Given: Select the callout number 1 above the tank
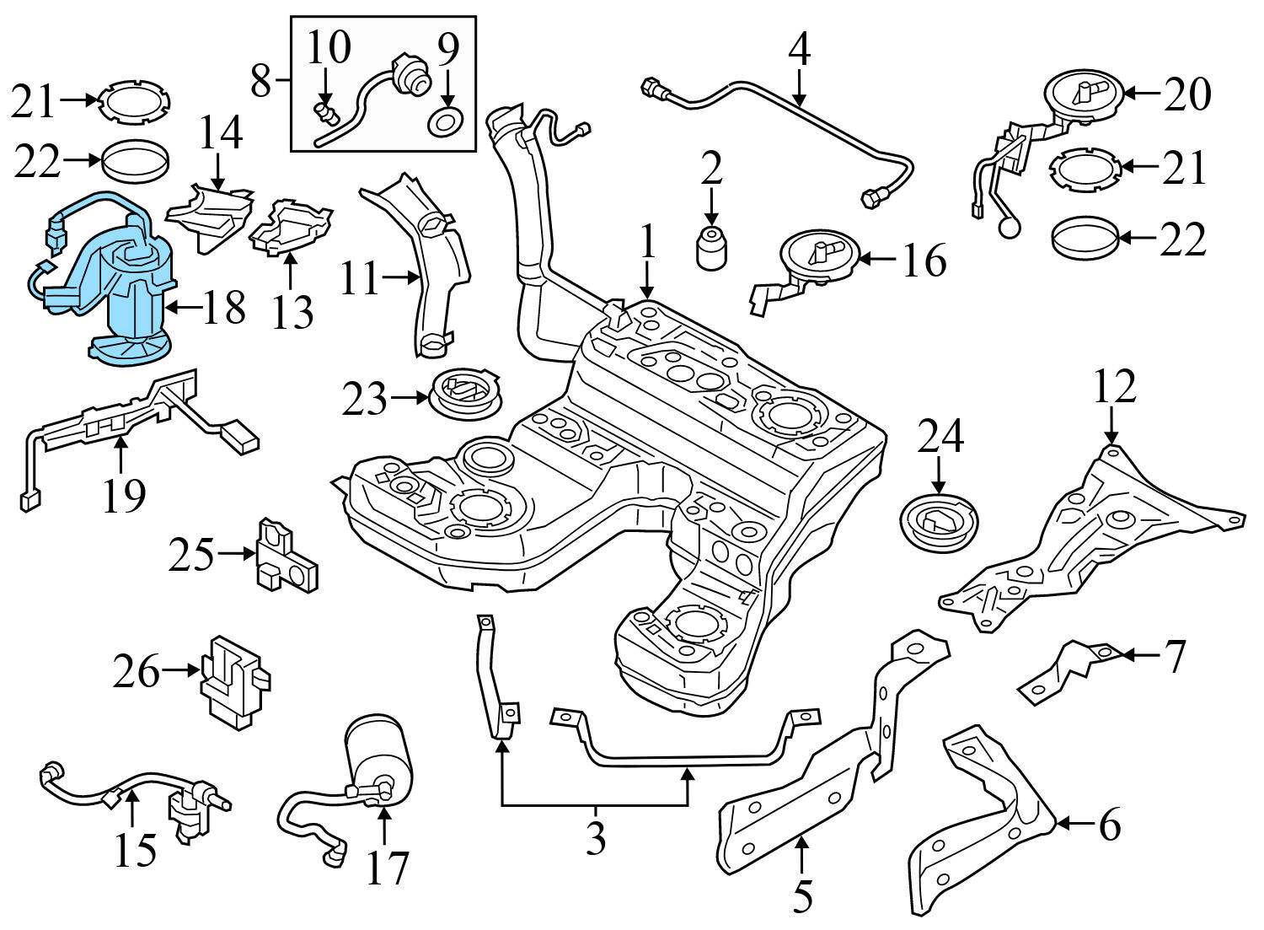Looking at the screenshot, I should (646, 242).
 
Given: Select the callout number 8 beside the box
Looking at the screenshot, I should (262, 82).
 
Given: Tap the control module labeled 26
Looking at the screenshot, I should (234, 679).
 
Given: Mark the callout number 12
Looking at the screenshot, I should (1114, 387).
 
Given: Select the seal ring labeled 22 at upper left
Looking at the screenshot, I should (136, 160).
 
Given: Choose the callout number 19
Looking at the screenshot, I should (123, 496).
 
